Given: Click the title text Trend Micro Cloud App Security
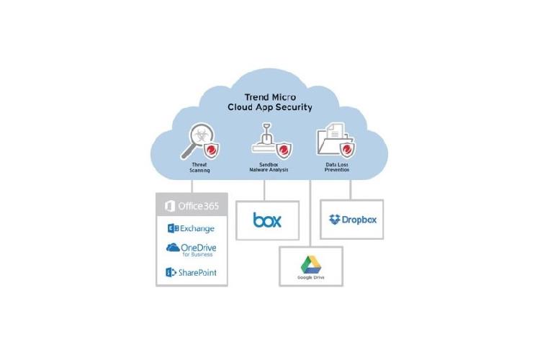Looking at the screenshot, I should point(271,101).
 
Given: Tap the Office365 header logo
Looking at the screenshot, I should point(192,206).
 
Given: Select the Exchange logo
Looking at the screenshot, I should point(191,228).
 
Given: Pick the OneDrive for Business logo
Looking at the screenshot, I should point(192,249).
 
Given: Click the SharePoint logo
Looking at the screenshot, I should point(191,272).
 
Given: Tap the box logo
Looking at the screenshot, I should point(267,219).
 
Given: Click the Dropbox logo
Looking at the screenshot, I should point(351,219).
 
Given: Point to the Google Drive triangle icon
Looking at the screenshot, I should point(310,263).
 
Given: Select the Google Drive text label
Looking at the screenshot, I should point(310,277).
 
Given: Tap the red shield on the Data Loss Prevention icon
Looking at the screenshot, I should point(349,150).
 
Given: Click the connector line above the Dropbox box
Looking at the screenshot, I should point(351,190).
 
